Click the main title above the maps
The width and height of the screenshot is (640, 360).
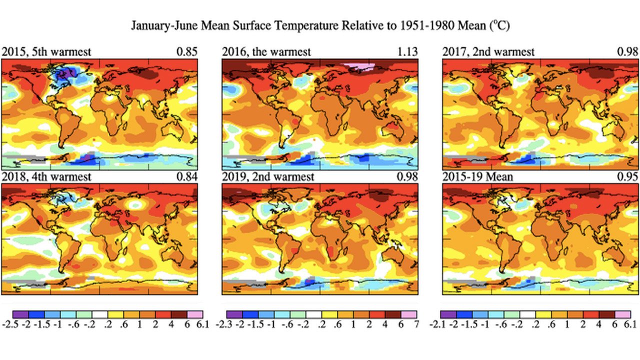(x=320, y=25)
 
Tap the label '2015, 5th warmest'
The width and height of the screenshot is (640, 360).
(x=46, y=52)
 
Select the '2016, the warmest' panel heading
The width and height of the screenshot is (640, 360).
(x=266, y=52)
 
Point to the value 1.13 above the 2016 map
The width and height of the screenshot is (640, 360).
(x=408, y=52)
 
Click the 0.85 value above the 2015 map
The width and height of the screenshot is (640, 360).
(x=188, y=52)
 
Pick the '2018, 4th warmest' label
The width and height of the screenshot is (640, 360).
(x=46, y=177)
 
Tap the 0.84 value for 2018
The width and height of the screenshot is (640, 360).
(x=188, y=177)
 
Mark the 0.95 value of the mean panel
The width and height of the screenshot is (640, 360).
(x=628, y=177)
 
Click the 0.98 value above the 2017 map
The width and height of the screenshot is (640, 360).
(x=628, y=52)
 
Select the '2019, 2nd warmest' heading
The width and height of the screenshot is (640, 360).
(x=268, y=177)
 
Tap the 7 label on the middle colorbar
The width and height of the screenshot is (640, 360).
(x=416, y=324)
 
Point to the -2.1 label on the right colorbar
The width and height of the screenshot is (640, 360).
(x=439, y=324)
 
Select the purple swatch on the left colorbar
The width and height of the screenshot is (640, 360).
(x=20, y=314)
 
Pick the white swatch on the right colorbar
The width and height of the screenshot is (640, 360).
(x=527, y=314)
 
